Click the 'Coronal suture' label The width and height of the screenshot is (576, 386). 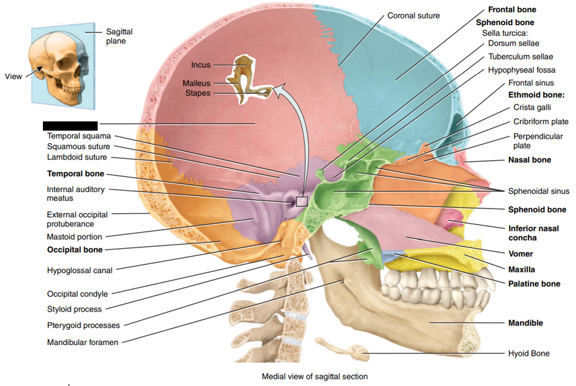click(413, 15)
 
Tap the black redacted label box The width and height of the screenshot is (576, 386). click(70, 125)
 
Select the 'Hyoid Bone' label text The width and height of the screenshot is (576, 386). click(528, 354)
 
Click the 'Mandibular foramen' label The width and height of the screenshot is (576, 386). click(82, 342)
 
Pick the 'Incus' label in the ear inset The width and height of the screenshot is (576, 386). click(201, 65)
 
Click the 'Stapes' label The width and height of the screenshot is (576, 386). click(198, 93)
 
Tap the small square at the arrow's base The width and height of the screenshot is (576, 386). click(302, 202)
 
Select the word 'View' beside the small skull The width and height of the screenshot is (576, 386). click(13, 77)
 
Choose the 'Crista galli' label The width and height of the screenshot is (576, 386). click(532, 107)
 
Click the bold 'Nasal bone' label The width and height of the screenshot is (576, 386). click(529, 160)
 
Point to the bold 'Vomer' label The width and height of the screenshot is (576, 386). click(520, 253)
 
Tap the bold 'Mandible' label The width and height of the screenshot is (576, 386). click(525, 323)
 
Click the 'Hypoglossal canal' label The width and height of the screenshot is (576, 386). click(80, 271)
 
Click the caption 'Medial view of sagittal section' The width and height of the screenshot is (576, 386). click(315, 377)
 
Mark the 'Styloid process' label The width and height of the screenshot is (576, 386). click(74, 309)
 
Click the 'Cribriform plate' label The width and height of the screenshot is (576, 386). click(540, 121)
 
